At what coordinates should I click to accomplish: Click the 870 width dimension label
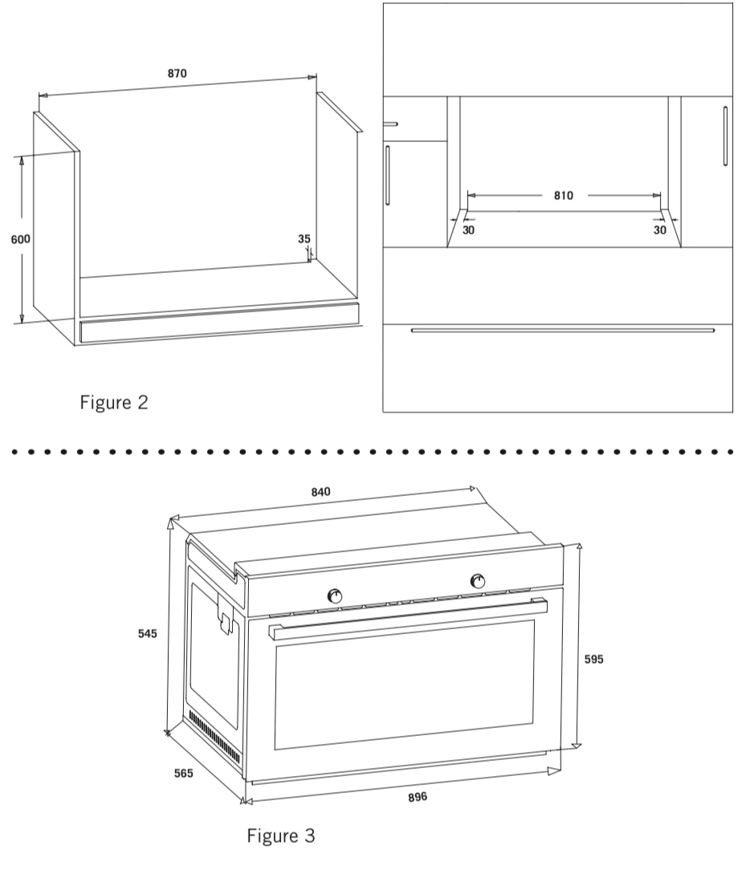tap(177, 74)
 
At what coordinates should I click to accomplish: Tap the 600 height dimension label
tap(20, 239)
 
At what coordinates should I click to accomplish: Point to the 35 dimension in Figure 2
tap(304, 238)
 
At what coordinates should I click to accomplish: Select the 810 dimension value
tap(563, 196)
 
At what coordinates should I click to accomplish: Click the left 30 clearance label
tap(468, 230)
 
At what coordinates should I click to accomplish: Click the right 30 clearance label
tap(659, 230)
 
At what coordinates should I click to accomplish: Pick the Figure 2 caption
tap(114, 402)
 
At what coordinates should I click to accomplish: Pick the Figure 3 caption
tap(280, 835)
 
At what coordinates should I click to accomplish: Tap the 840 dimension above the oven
tap(320, 492)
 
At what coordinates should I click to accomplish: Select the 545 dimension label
tap(148, 633)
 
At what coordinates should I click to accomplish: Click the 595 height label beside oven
tap(593, 659)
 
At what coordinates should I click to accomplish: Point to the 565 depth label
tap(184, 773)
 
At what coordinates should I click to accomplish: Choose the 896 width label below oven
tap(418, 797)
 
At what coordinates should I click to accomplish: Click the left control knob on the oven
tap(335, 596)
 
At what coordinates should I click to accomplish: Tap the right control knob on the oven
tap(478, 581)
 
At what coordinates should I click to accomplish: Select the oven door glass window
tap(405, 685)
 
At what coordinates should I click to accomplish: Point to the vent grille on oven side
tap(214, 734)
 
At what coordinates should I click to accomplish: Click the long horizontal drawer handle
tap(563, 330)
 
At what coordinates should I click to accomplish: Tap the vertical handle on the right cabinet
tap(726, 136)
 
